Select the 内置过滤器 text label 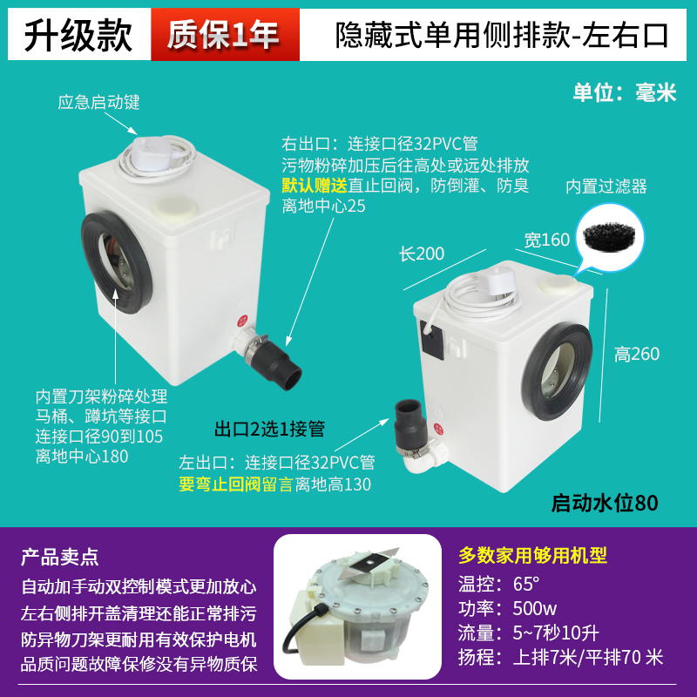(x=606, y=186)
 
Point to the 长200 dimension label (x=422, y=254)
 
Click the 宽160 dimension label (x=546, y=239)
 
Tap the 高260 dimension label (x=637, y=355)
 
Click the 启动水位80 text (x=605, y=503)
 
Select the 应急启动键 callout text (x=98, y=103)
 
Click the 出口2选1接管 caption (x=269, y=429)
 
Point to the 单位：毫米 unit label (x=624, y=93)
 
